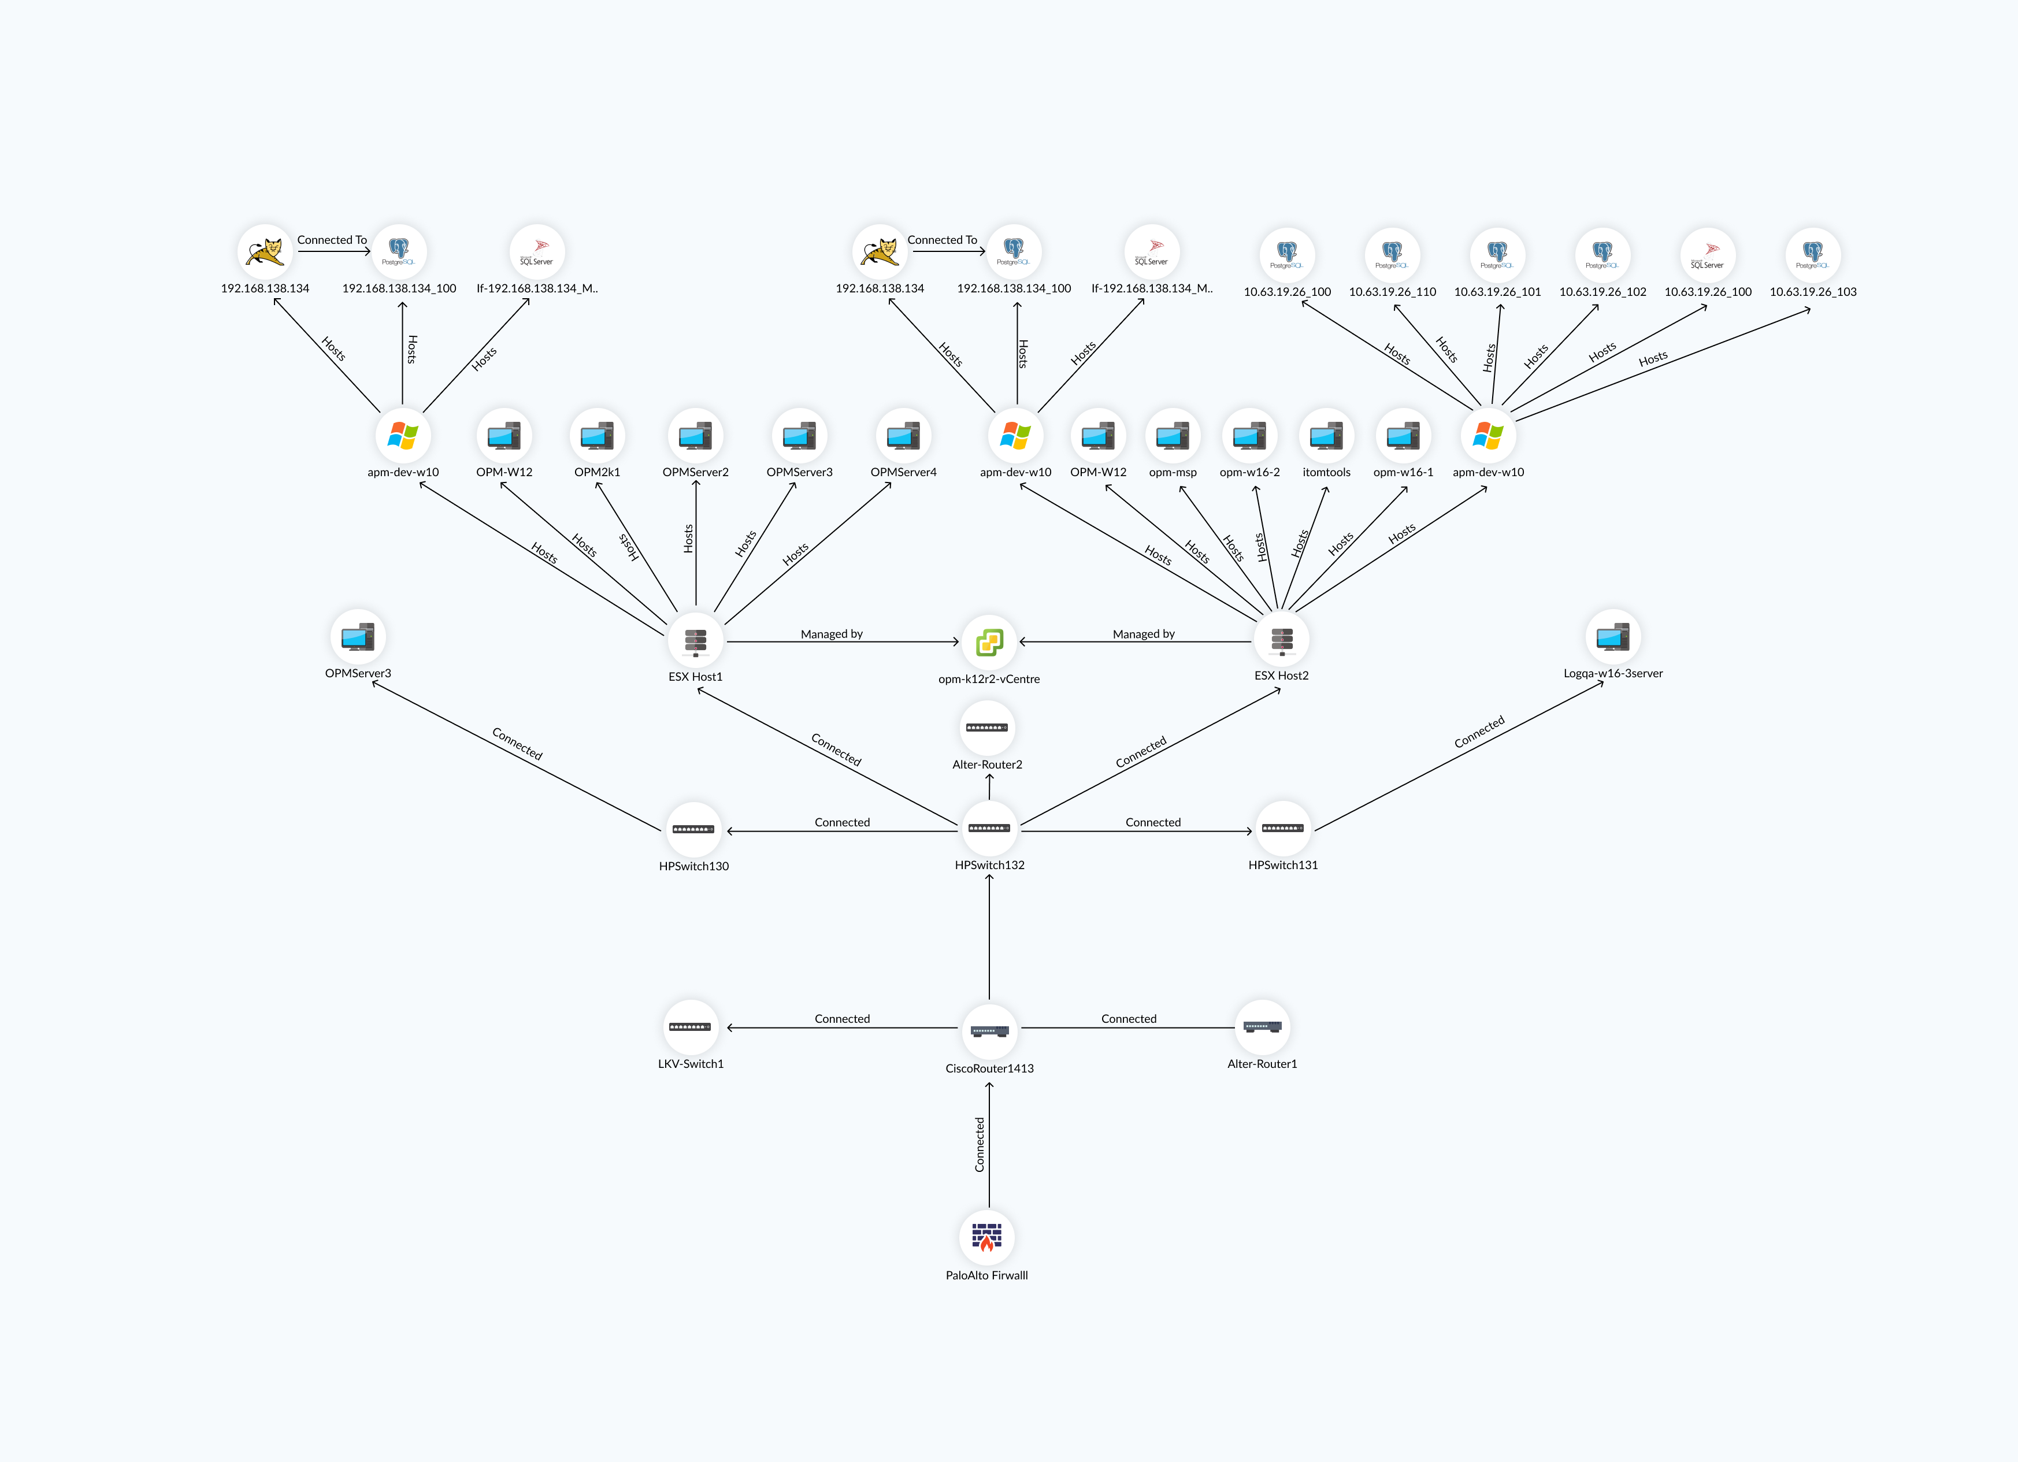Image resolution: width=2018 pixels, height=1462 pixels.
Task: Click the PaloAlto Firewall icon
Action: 987,1237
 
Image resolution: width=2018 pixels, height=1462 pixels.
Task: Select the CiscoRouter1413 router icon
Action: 989,1030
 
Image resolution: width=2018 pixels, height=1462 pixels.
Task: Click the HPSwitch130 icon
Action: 693,829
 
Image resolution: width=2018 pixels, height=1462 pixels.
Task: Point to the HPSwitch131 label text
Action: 1282,865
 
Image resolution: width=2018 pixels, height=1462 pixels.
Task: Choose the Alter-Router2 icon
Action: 987,728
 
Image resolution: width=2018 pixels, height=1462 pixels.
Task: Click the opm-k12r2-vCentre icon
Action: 989,641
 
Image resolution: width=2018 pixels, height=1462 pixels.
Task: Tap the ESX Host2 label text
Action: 1281,676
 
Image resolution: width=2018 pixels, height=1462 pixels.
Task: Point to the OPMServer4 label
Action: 903,473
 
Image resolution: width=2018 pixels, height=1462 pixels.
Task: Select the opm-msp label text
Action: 1173,473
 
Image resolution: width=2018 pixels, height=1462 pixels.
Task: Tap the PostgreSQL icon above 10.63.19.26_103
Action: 1812,254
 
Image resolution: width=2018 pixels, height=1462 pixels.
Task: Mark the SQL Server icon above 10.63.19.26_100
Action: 1708,254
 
